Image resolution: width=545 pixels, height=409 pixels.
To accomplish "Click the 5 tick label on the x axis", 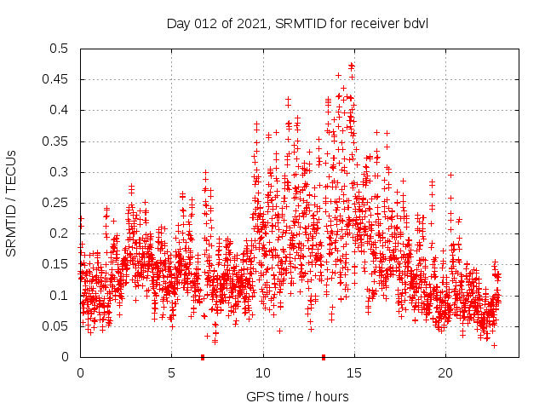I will click(x=171, y=373).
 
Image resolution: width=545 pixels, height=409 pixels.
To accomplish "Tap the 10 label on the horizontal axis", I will click(x=262, y=373).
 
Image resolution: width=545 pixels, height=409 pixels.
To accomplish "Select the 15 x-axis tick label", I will click(x=353, y=373).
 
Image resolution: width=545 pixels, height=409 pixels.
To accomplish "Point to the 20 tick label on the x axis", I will click(x=445, y=373).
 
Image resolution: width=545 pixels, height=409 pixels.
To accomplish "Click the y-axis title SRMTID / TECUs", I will click(x=12, y=203).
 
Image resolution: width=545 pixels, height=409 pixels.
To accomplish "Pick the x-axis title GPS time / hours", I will click(x=297, y=396).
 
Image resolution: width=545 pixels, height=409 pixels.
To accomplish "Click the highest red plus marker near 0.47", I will click(x=351, y=65).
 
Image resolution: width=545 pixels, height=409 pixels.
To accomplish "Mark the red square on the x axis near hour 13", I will click(x=324, y=357).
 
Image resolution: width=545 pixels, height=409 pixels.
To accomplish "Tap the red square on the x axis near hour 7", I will click(x=203, y=357).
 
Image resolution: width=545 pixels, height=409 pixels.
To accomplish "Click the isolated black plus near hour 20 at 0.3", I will click(x=450, y=175).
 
